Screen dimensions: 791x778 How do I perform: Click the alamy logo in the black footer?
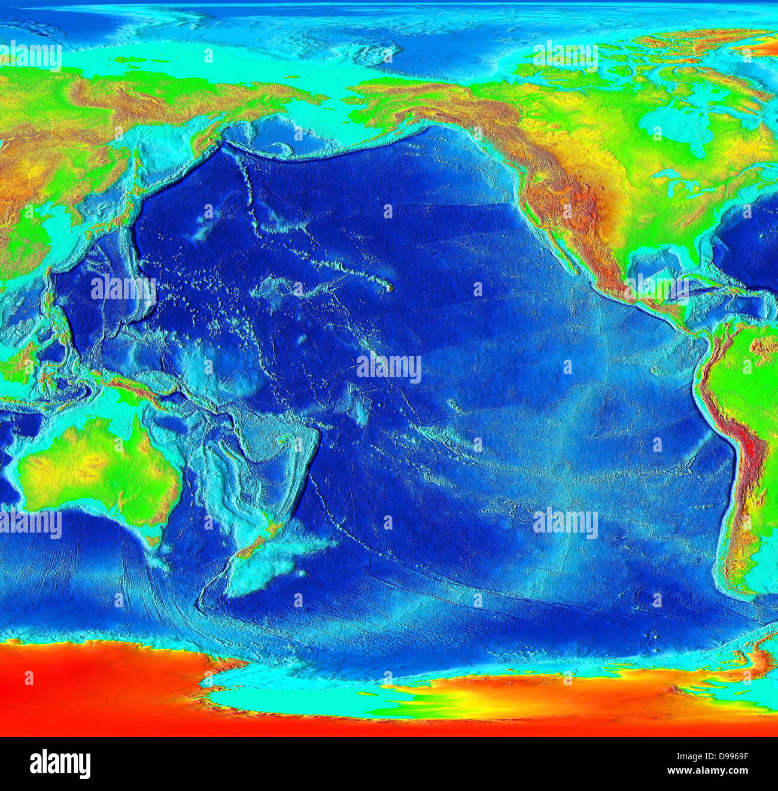60,764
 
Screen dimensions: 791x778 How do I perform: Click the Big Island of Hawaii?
390,288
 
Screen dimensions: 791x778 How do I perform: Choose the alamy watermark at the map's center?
389,367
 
